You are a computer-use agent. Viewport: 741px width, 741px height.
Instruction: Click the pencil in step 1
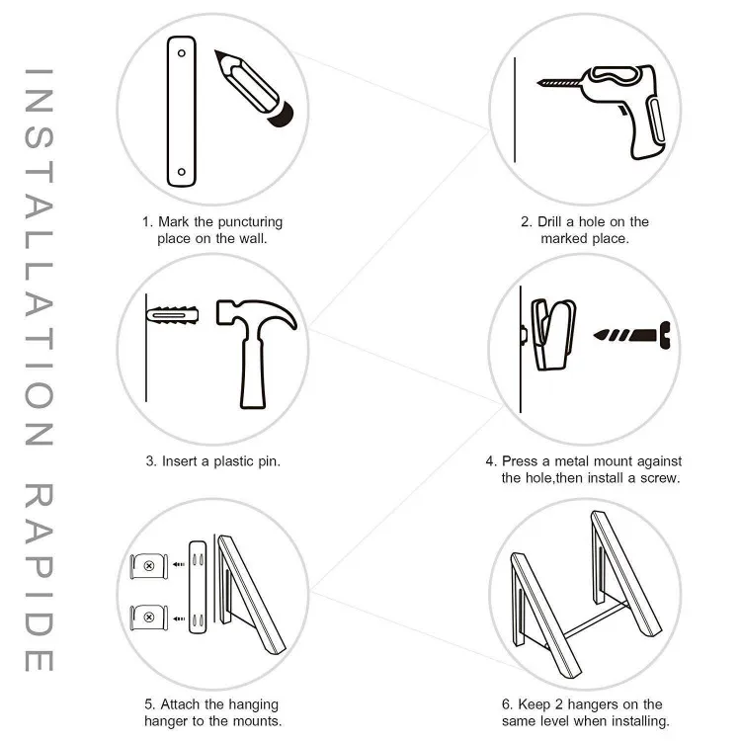coord(254,88)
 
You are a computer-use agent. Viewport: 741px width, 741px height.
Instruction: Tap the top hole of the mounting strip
coord(182,53)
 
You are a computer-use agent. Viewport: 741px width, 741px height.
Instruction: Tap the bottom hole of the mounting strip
coord(182,172)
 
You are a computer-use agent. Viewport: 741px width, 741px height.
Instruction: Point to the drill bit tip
coord(538,83)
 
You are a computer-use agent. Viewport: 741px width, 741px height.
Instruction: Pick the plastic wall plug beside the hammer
coord(172,315)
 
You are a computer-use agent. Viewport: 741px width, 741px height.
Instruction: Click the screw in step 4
coord(632,336)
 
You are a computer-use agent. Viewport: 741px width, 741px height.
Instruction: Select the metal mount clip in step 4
coord(551,334)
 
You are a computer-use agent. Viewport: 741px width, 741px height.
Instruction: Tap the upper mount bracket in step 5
coord(149,566)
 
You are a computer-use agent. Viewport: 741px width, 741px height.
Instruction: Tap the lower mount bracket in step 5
coord(149,617)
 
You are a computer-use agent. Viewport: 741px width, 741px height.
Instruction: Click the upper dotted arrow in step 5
coord(179,565)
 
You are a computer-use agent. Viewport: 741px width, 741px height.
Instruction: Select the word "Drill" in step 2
coord(549,221)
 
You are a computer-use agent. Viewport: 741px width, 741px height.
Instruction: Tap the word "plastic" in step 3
coord(233,461)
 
